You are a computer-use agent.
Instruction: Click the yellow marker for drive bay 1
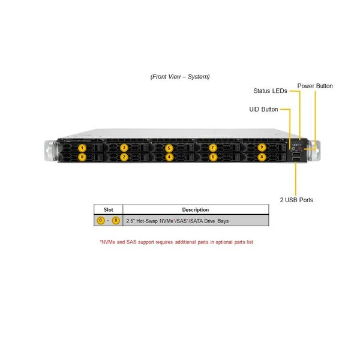click(82, 148)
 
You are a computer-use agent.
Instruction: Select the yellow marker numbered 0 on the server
click(82, 157)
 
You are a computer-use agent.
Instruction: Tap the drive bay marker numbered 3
click(124, 148)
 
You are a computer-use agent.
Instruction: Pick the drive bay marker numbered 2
click(124, 157)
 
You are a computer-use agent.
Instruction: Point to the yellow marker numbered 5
click(169, 148)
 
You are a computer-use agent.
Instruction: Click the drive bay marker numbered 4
click(169, 157)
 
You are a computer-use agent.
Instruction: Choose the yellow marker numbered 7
click(213, 148)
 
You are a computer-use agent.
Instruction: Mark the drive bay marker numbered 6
click(213, 157)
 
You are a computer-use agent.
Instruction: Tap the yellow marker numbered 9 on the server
click(262, 148)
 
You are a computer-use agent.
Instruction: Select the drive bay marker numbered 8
click(262, 157)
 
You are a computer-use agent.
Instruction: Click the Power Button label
click(315, 86)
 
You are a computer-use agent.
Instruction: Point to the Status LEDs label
click(270, 91)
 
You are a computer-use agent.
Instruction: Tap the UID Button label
click(263, 109)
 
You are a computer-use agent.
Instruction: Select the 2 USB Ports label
click(296, 200)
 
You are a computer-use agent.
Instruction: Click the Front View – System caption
click(180, 77)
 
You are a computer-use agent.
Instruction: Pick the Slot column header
click(109, 210)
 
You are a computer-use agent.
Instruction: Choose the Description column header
click(196, 210)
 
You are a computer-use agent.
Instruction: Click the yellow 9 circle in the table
click(116, 221)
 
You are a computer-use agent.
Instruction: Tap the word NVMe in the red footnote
click(108, 242)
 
